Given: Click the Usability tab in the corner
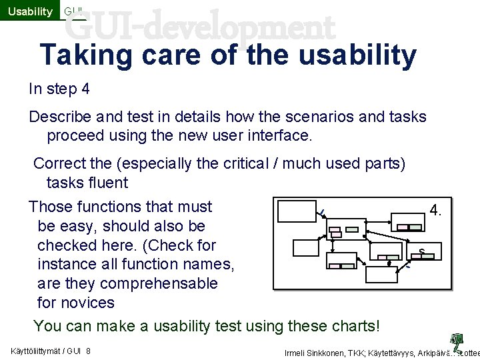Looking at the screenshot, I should [30, 11].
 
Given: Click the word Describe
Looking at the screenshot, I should [60, 117].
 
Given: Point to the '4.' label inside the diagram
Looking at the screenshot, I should [435, 211].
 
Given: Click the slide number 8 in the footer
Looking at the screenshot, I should [88, 351].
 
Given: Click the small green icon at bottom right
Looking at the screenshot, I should [457, 342].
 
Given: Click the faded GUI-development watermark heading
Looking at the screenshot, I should [200, 28].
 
